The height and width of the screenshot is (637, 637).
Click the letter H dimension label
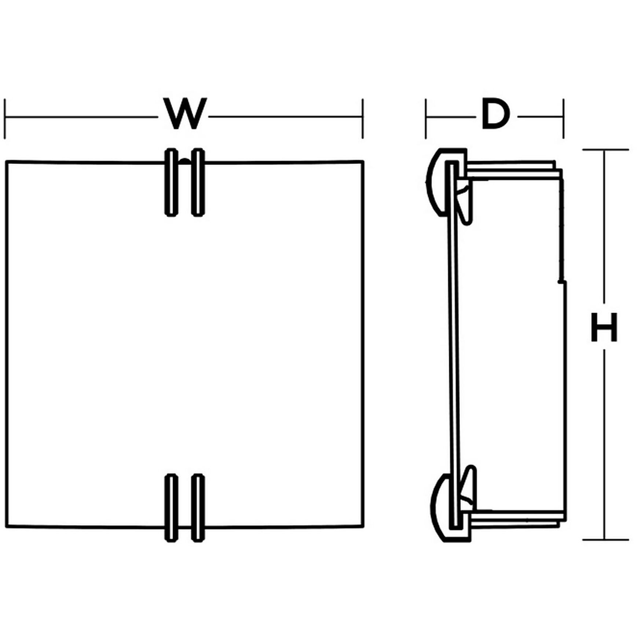pyautogui.click(x=604, y=327)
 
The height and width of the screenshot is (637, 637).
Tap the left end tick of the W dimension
pyautogui.click(x=5, y=118)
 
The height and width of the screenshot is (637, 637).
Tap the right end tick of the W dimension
pyautogui.click(x=363, y=118)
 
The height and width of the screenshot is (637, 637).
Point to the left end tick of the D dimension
pyautogui.click(x=426, y=118)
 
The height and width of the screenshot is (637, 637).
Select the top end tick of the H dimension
pyautogui.click(x=605, y=149)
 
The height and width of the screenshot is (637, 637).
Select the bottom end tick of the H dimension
pyautogui.click(x=605, y=540)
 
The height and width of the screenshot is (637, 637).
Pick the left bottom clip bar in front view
pyautogui.click(x=171, y=508)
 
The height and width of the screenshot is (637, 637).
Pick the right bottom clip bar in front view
pyautogui.click(x=198, y=508)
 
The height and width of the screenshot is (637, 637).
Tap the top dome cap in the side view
pyautogui.click(x=438, y=182)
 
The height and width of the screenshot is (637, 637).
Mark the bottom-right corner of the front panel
pyautogui.click(x=363, y=527)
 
